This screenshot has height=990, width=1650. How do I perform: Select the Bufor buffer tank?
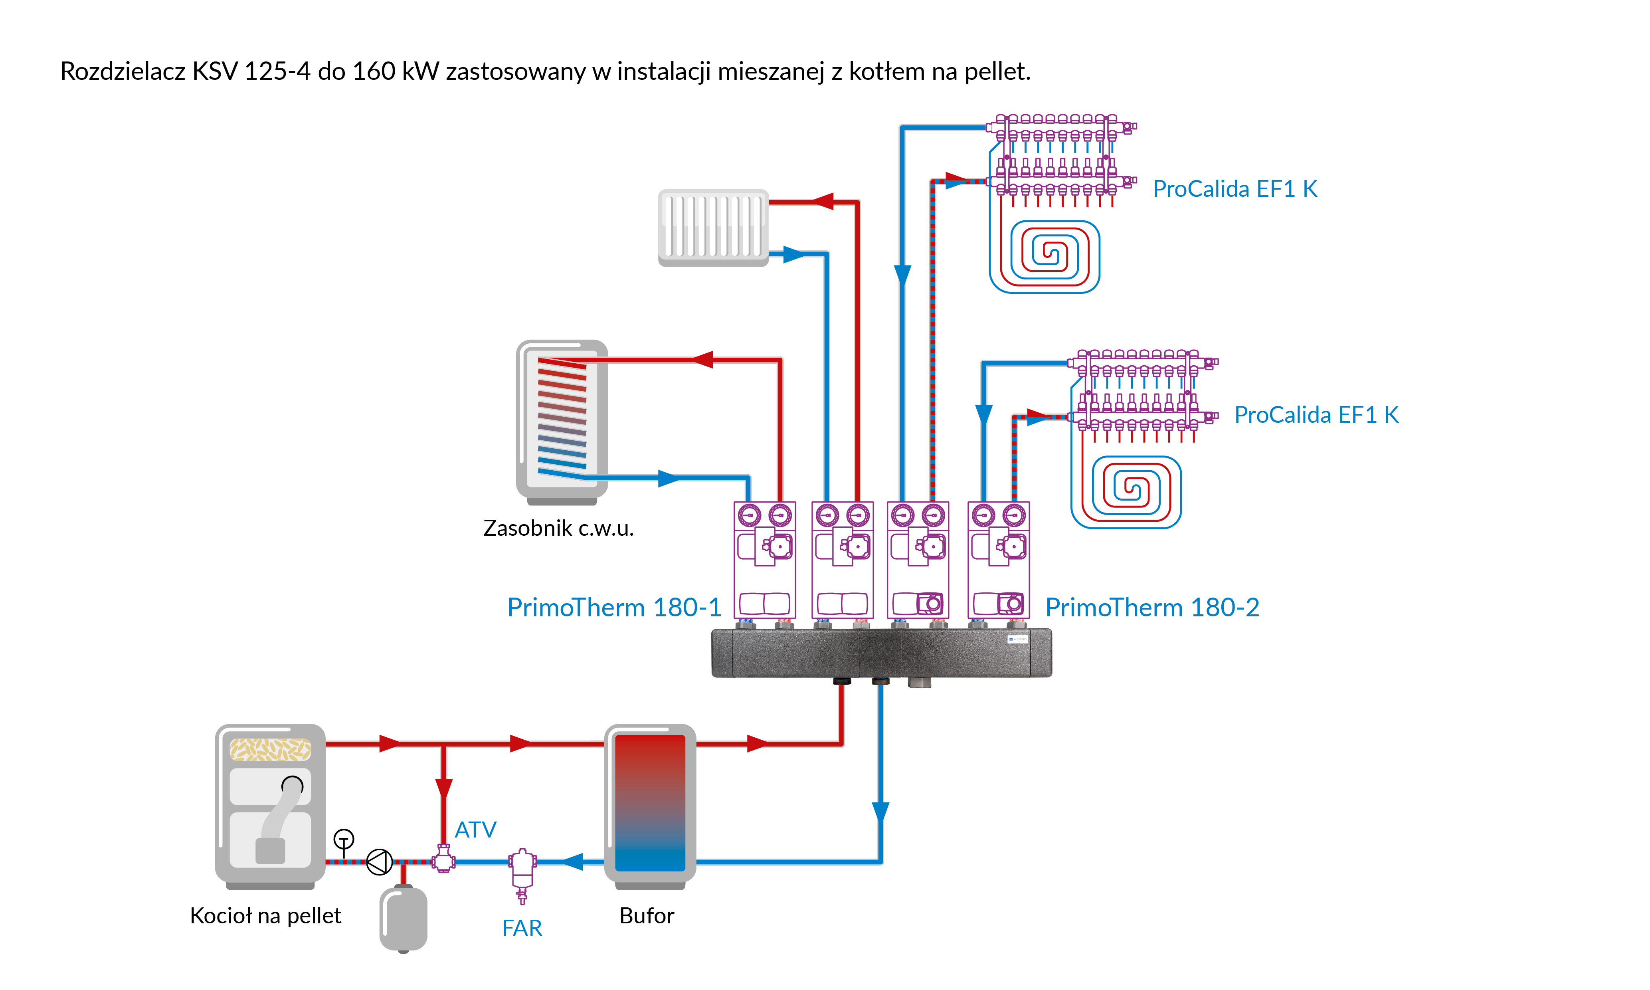[x=650, y=804]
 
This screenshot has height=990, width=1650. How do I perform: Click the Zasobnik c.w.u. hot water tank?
[x=562, y=420]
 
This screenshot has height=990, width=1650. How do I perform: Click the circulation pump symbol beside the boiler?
[x=380, y=862]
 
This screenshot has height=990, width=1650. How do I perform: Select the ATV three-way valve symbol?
[x=443, y=859]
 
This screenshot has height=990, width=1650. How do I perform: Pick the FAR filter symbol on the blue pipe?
[x=522, y=871]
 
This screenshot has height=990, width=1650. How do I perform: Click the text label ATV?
[x=475, y=830]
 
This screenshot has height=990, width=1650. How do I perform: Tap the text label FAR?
[x=522, y=928]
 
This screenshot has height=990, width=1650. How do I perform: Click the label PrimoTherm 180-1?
[x=613, y=608]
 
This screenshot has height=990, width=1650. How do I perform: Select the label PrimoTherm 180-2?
[x=1152, y=608]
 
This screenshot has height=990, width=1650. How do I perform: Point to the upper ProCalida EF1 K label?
[x=1235, y=189]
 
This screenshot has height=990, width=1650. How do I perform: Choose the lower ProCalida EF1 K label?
[x=1316, y=415]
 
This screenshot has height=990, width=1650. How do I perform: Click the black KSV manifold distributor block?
[x=881, y=652]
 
